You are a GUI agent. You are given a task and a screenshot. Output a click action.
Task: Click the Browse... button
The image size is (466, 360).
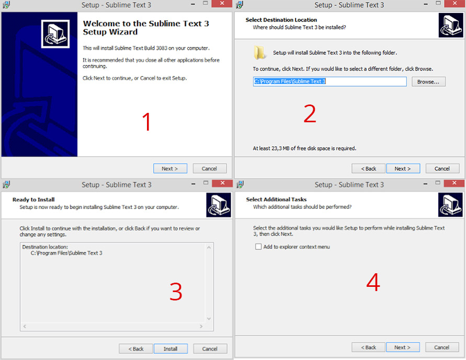[428, 82]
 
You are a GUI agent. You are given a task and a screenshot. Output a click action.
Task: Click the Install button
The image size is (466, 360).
[171, 349]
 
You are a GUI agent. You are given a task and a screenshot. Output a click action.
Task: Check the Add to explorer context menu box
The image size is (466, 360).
[258, 247]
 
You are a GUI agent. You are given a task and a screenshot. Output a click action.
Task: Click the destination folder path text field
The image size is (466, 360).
[329, 82]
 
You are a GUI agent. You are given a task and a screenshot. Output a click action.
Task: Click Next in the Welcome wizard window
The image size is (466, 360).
[170, 169]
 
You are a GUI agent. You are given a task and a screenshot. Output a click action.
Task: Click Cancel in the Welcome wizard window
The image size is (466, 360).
[210, 169]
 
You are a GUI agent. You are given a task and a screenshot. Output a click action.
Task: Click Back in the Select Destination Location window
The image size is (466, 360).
[369, 169]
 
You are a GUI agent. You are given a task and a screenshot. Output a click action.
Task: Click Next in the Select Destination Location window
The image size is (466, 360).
[403, 169]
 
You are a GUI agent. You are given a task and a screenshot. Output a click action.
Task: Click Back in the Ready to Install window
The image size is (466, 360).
[136, 349]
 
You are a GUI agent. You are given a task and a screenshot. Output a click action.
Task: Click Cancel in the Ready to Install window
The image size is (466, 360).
[210, 349]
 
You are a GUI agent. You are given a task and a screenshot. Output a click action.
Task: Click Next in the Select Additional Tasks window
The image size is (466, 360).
[403, 347]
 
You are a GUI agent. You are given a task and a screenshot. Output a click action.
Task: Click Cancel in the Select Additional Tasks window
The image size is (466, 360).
[442, 347]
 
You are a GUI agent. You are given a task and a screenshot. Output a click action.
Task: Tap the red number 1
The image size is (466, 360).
[146, 122]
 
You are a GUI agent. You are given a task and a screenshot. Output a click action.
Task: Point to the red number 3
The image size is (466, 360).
[176, 292]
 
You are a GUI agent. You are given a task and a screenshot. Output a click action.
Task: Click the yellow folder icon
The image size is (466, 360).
[259, 53]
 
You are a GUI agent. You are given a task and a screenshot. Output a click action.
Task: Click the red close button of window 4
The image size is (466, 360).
[454, 183]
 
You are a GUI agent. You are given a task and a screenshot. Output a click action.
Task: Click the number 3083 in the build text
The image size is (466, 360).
[162, 48]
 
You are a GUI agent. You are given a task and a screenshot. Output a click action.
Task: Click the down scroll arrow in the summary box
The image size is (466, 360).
[209, 319]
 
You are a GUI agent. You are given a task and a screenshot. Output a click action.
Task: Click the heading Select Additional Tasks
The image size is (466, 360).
[276, 200]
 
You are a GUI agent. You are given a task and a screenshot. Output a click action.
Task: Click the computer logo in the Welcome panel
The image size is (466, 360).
[55, 34]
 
